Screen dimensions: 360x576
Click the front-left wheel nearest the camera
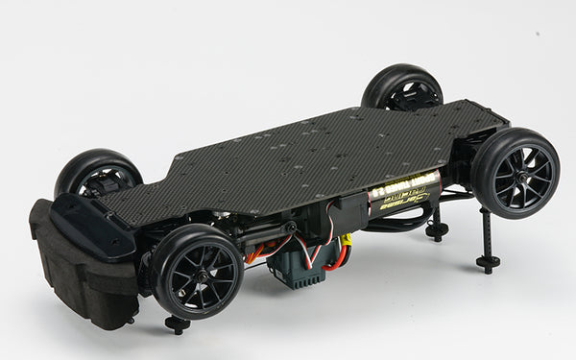[x=197, y=271]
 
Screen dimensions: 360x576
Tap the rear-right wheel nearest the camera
[x=516, y=173]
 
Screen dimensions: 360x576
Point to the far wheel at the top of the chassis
[x=402, y=87]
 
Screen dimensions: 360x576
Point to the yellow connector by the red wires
[x=343, y=241]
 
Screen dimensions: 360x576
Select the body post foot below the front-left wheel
[x=177, y=324]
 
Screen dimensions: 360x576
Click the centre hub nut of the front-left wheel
[x=200, y=273]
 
